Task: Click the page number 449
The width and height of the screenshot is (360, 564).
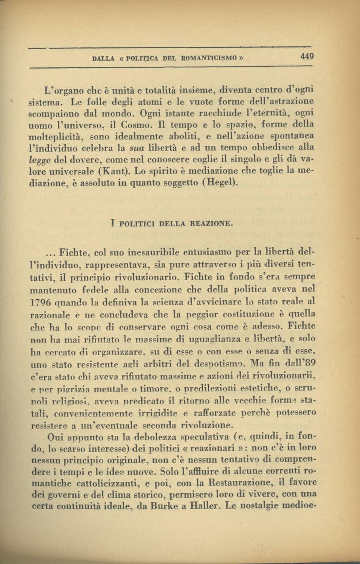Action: (306, 57)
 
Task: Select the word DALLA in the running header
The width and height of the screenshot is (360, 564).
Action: (103, 59)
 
